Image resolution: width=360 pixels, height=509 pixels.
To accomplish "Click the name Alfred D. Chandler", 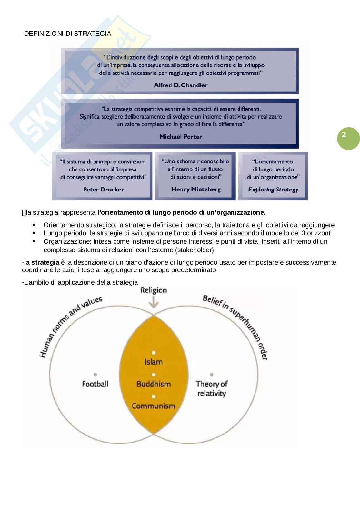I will tap(180, 85).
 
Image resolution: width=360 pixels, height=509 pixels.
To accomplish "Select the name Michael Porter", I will tap(181, 137).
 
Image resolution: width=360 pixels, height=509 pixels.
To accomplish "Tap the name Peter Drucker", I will tap(103, 190).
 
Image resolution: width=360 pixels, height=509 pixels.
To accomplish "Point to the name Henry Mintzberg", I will tap(196, 189).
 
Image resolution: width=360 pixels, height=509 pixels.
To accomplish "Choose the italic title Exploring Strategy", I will tap(273, 190).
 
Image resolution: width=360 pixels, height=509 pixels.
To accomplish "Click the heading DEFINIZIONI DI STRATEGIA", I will tap(66, 34).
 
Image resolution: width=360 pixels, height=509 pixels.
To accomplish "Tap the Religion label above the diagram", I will tap(154, 290).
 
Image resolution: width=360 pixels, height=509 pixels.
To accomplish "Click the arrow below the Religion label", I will tap(154, 303).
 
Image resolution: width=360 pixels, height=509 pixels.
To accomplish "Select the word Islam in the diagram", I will tap(154, 362).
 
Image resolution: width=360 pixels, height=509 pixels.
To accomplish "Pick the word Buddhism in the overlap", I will tap(154, 384).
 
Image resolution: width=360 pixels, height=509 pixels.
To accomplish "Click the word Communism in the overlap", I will tap(154, 406).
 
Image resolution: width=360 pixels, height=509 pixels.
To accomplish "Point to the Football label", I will tap(95, 384).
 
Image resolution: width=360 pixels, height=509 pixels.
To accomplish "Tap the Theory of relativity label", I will tap(212, 388).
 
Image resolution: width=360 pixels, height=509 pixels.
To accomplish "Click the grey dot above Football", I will tap(95, 375).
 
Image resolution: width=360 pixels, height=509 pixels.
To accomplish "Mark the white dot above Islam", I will tap(154, 353).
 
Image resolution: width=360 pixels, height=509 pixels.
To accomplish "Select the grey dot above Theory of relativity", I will tap(211, 375).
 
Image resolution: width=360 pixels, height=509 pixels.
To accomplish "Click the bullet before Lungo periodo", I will tap(34, 233).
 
